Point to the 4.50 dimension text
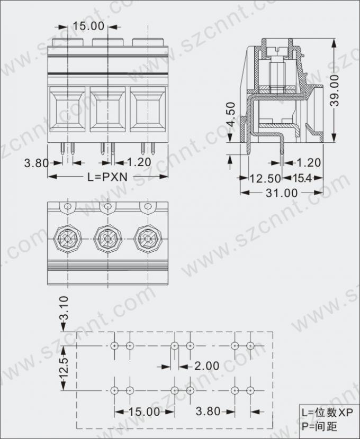(230, 115)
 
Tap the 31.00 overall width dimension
(282, 193)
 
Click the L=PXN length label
(107, 177)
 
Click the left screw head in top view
(68, 239)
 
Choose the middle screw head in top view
(107, 239)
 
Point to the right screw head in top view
(147, 239)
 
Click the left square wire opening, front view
(67, 109)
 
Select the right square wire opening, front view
(147, 109)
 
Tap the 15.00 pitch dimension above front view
(88, 26)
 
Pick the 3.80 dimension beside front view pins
(36, 163)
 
